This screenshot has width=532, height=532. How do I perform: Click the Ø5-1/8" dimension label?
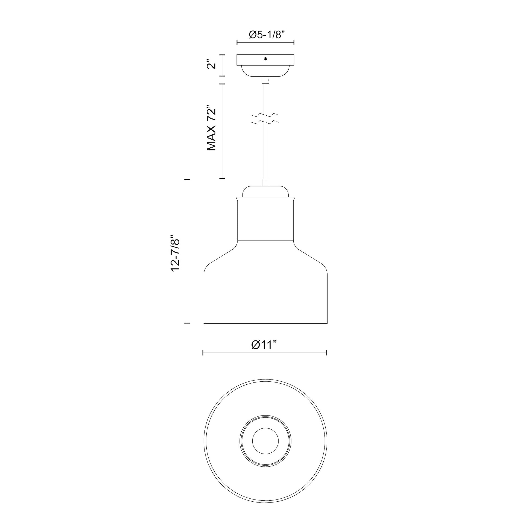266,35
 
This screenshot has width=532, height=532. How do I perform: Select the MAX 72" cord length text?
212,128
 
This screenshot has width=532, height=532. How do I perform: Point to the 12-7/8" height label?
176,253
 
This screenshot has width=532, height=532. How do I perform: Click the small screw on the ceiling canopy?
265,59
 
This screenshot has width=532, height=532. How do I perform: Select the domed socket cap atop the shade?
265,192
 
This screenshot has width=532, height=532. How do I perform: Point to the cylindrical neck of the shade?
265,219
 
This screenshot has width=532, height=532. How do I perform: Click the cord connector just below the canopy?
265,80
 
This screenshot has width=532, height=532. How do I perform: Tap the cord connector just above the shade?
265,182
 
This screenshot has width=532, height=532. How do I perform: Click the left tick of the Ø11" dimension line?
203,353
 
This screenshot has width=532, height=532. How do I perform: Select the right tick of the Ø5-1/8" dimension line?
294,42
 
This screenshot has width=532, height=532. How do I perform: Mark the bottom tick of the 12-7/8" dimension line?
187,323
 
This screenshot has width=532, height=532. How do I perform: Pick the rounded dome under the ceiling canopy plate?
265,71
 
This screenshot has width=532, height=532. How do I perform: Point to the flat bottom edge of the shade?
265,323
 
